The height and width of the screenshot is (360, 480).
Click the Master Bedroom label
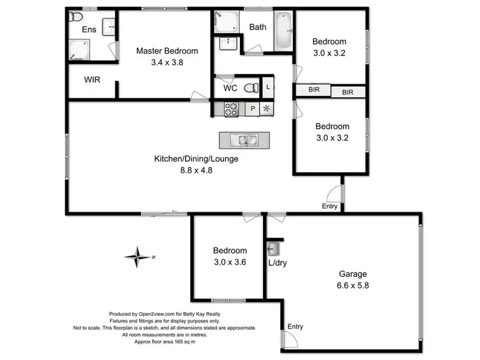(166, 51)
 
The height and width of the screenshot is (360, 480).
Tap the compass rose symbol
(137, 257)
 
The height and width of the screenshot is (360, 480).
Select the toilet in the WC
(252, 88)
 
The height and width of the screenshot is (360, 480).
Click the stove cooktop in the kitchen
(231, 109)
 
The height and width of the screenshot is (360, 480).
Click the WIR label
(93, 81)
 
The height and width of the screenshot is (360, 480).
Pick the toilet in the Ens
(76, 16)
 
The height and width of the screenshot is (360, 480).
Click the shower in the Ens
(80, 49)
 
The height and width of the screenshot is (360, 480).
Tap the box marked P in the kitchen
(253, 109)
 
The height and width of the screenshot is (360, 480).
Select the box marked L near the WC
(268, 87)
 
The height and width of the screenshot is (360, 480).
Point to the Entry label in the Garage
(295, 327)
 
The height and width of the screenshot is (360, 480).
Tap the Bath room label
(258, 27)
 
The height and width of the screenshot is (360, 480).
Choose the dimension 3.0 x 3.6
(229, 262)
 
